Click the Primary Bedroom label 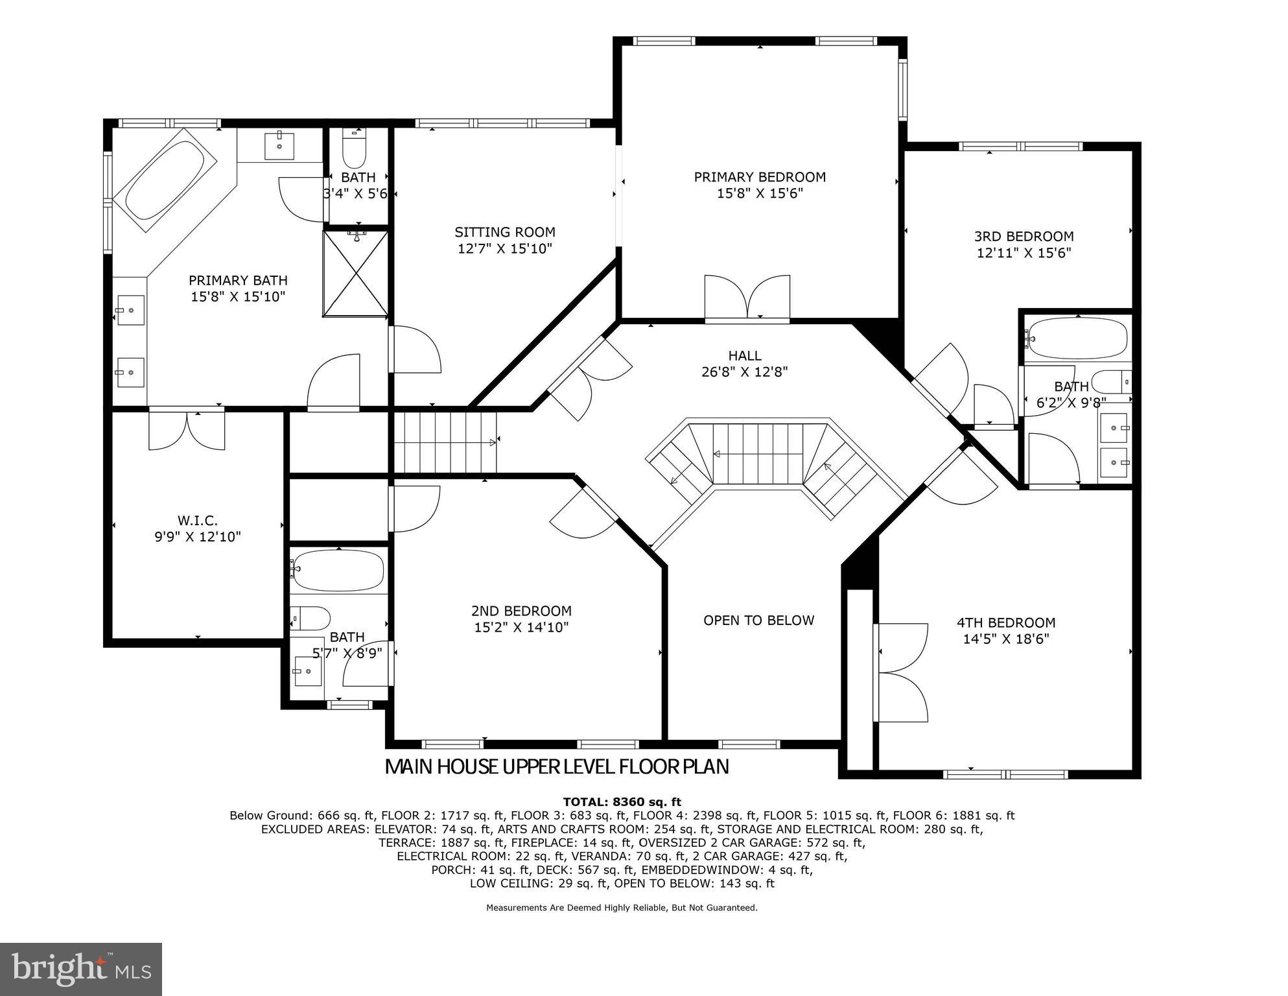point(760,177)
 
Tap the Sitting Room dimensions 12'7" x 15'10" point(505,248)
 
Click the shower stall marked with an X point(356,274)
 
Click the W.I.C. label point(198,521)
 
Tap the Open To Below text point(758,621)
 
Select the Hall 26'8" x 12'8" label point(745,364)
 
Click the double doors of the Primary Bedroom point(747,298)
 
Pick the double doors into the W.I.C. point(187,429)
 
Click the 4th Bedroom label point(1006,623)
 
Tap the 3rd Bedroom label point(1024,237)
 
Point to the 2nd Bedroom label point(521,611)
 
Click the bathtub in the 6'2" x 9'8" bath point(1078,338)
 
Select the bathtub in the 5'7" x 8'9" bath point(339,571)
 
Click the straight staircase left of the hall point(445,443)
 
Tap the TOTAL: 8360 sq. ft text point(622,802)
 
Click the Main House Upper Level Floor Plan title point(557,767)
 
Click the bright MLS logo point(81,969)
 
